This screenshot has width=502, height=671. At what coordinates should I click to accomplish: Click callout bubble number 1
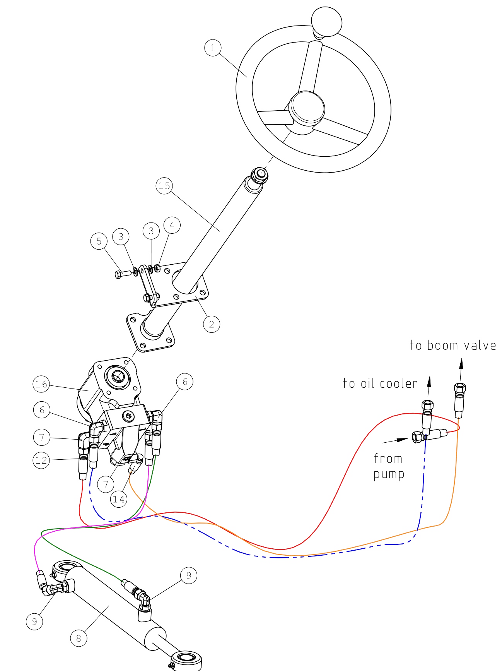point(212,48)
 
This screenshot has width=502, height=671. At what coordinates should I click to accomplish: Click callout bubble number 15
point(164,186)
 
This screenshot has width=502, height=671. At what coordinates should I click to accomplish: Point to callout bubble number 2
point(212,324)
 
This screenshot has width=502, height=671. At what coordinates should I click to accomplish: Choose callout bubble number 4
point(172,225)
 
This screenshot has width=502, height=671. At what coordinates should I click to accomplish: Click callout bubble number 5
point(99,241)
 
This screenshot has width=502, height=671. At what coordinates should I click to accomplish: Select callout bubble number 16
point(41,384)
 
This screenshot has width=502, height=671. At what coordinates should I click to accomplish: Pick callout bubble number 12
point(41,460)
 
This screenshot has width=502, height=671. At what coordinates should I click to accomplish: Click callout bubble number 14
point(119,499)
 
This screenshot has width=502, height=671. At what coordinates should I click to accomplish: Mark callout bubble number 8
point(79,638)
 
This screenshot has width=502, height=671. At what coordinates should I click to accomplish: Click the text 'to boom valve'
point(452,345)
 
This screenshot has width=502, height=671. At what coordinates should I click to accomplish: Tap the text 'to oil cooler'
point(380,383)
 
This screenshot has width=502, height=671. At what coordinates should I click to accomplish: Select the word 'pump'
point(389,475)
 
